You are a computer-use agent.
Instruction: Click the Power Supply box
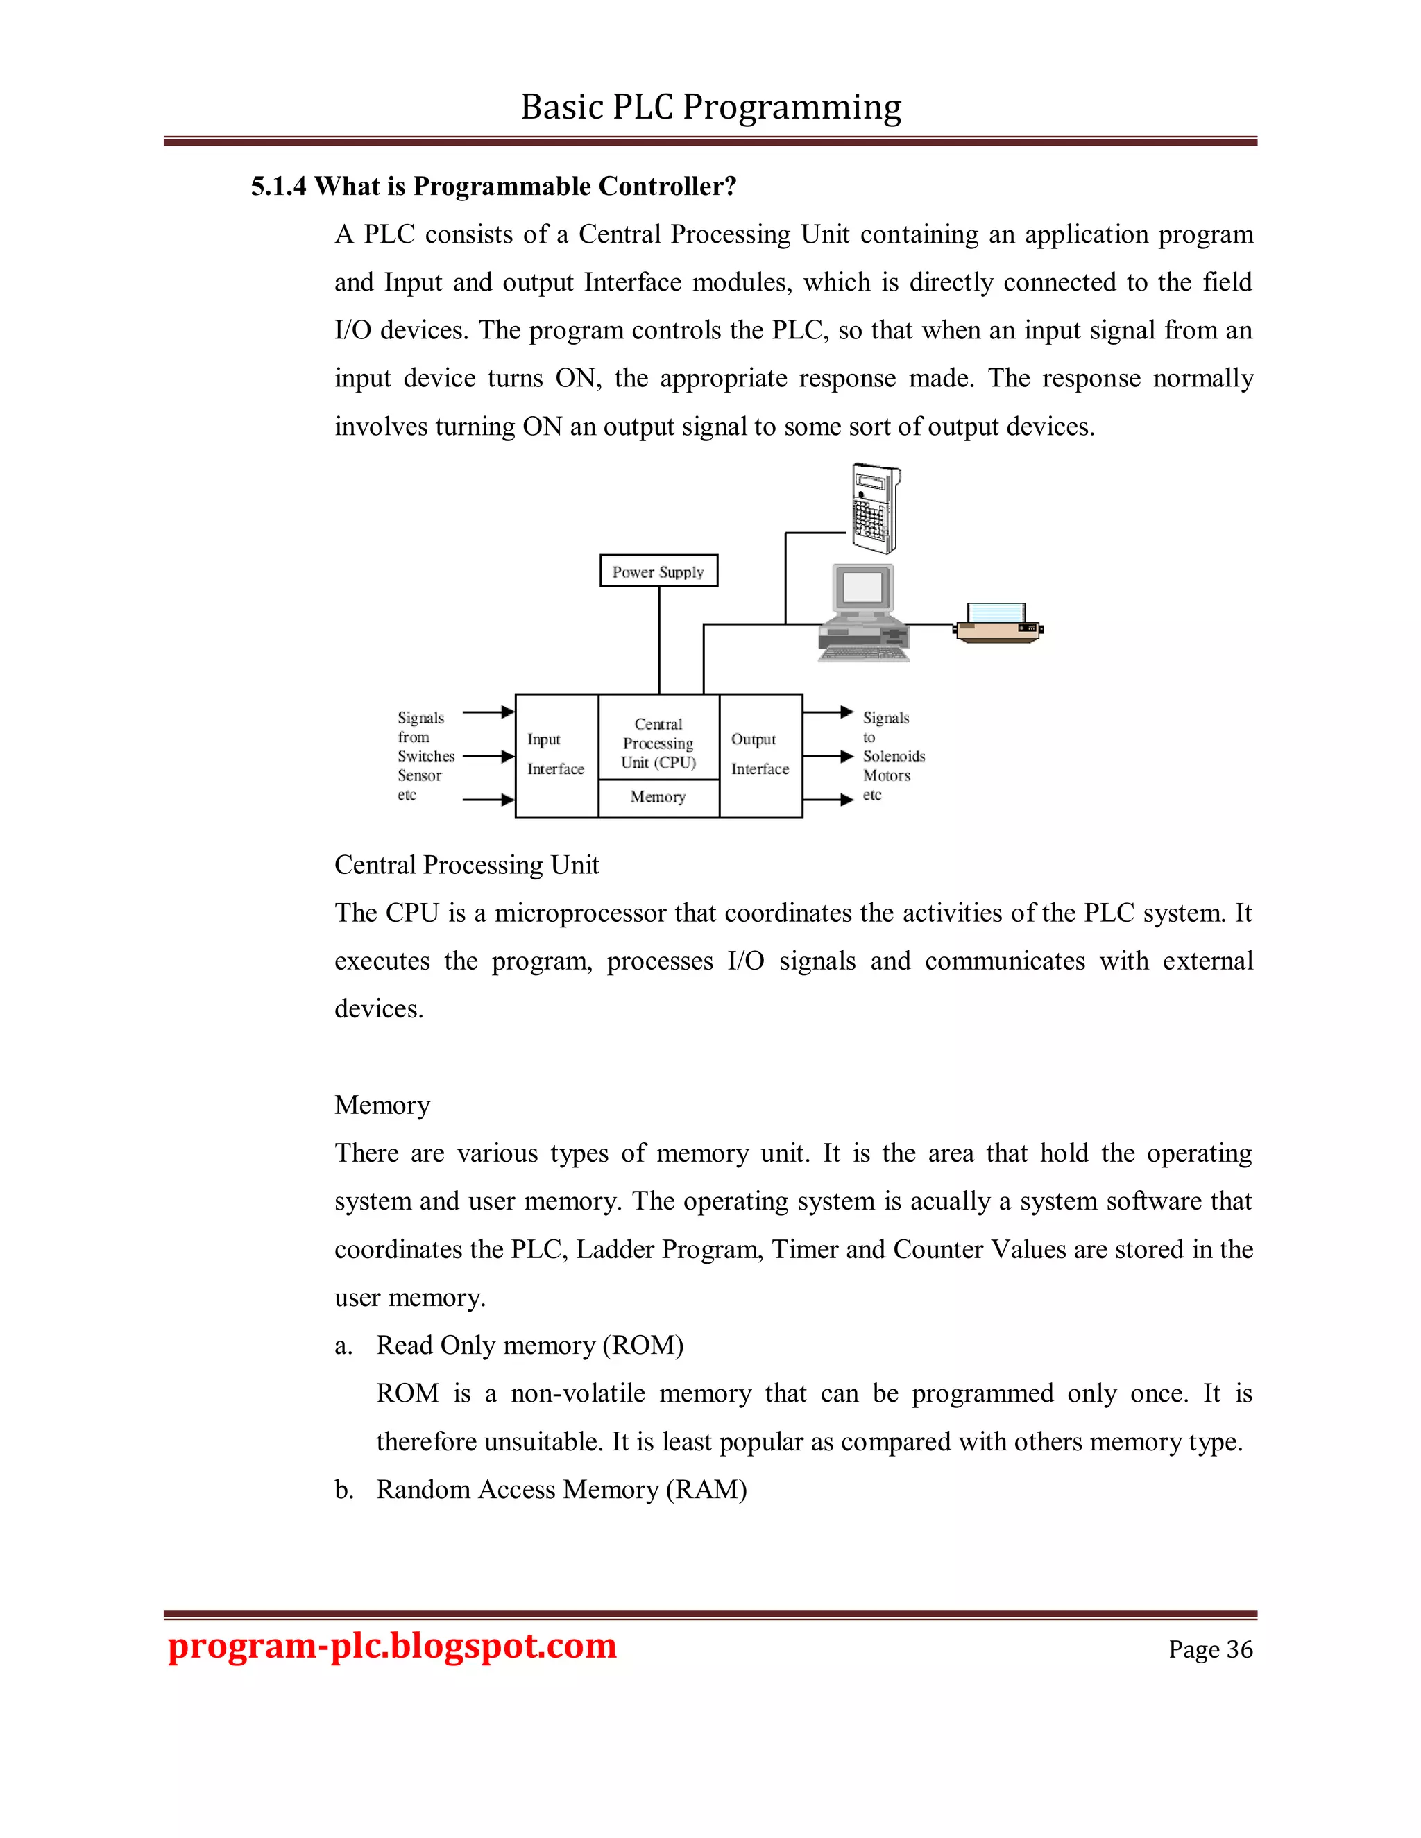658,571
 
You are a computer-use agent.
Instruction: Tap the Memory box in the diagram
658,797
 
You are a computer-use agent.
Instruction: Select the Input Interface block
556,755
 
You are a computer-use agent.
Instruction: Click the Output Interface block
760,755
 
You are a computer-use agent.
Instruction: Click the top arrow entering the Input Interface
488,712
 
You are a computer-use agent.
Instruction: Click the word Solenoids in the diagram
893,757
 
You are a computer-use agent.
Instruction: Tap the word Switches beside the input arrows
426,757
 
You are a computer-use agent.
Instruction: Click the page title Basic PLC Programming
710,108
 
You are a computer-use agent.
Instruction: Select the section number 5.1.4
279,186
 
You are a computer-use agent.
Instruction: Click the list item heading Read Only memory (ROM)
529,1346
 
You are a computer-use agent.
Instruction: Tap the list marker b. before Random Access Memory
343,1491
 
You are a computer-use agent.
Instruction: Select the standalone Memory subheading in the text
382,1105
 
